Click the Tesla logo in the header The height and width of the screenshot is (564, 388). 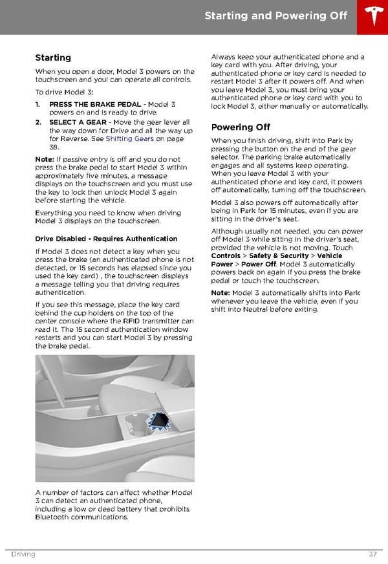[372, 16]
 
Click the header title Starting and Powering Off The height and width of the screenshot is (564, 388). [275, 16]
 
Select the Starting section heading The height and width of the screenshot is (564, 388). [53, 58]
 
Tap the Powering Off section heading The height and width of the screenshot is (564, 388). [241, 127]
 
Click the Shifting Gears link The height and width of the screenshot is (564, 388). [129, 138]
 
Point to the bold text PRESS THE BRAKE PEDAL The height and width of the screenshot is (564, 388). [95, 104]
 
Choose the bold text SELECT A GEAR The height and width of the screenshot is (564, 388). [78, 122]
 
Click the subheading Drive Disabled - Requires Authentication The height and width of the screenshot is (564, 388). [106, 239]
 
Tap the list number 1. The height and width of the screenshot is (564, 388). [38, 104]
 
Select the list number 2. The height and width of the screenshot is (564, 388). [38, 122]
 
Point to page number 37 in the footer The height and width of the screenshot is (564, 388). [373, 554]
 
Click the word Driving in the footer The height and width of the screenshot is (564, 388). [23, 554]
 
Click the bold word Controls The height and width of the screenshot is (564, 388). [227, 255]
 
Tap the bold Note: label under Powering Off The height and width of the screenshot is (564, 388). [221, 293]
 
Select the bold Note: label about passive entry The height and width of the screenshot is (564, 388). [45, 159]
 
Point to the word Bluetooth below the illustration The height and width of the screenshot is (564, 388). [54, 517]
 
